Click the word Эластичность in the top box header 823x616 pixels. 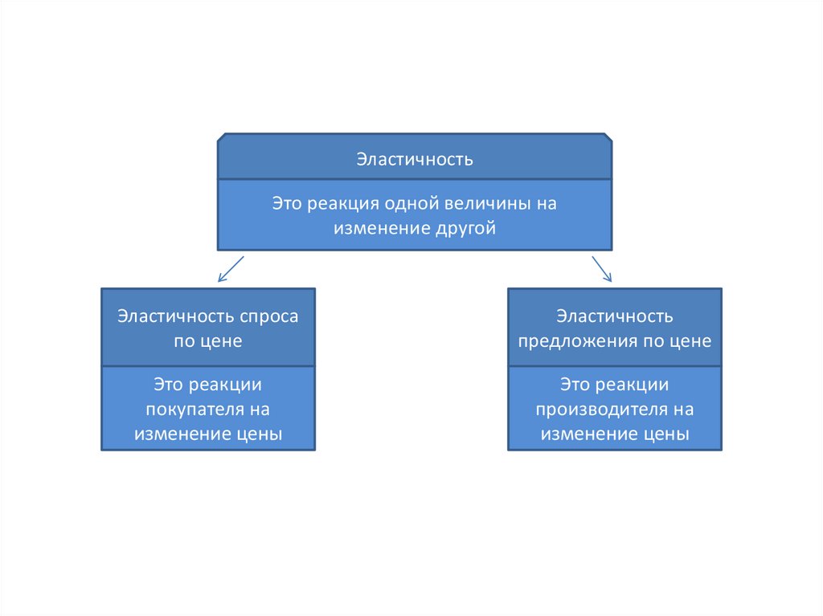coord(415,159)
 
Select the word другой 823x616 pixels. coord(466,229)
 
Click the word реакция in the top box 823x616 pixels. coord(340,204)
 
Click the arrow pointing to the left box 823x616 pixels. coord(230,269)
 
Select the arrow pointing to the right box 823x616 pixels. coord(602,269)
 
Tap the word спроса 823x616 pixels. coord(269,316)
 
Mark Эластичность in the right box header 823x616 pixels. coord(615,316)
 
